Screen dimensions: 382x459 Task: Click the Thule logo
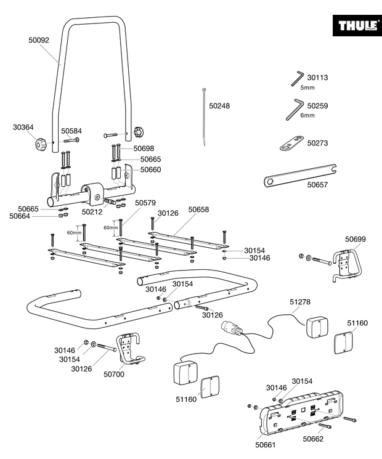coord(357,25)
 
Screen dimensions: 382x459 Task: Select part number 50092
coord(39,40)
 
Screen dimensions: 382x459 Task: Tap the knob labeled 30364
coord(41,144)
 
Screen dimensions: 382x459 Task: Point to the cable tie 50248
coord(204,116)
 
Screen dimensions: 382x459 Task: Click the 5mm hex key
coord(297,78)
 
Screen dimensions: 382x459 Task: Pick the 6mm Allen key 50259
coord(295,110)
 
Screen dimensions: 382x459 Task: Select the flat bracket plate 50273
coord(291,143)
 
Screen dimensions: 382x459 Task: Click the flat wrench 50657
coord(300,176)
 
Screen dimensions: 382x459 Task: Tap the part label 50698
coord(144,148)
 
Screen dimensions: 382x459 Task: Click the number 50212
coord(92,212)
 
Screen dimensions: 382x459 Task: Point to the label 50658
coord(199,209)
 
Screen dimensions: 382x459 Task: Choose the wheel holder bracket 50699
coord(347,265)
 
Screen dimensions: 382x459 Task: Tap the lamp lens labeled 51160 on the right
coord(344,343)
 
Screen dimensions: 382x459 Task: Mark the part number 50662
coord(313,439)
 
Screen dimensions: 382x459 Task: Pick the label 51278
coord(300,302)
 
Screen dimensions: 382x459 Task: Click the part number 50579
coord(145,203)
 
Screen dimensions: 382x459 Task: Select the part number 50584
coord(71,131)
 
